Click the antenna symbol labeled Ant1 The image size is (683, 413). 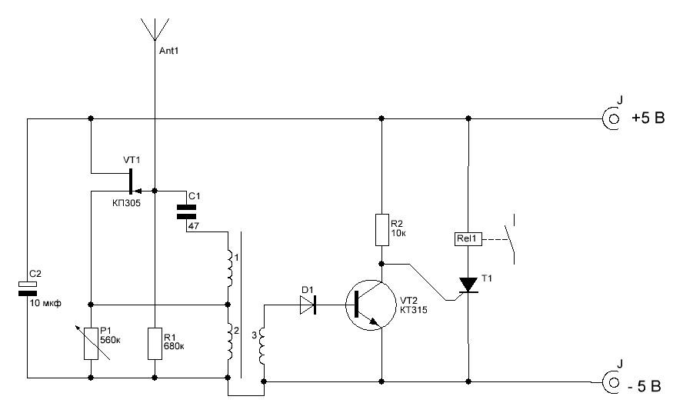point(155,28)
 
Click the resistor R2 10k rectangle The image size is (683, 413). point(381,230)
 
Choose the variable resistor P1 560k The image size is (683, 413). point(91,342)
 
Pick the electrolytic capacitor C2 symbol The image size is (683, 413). point(27,288)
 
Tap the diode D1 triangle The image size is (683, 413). point(308,305)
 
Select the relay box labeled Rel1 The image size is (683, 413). point(468,239)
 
